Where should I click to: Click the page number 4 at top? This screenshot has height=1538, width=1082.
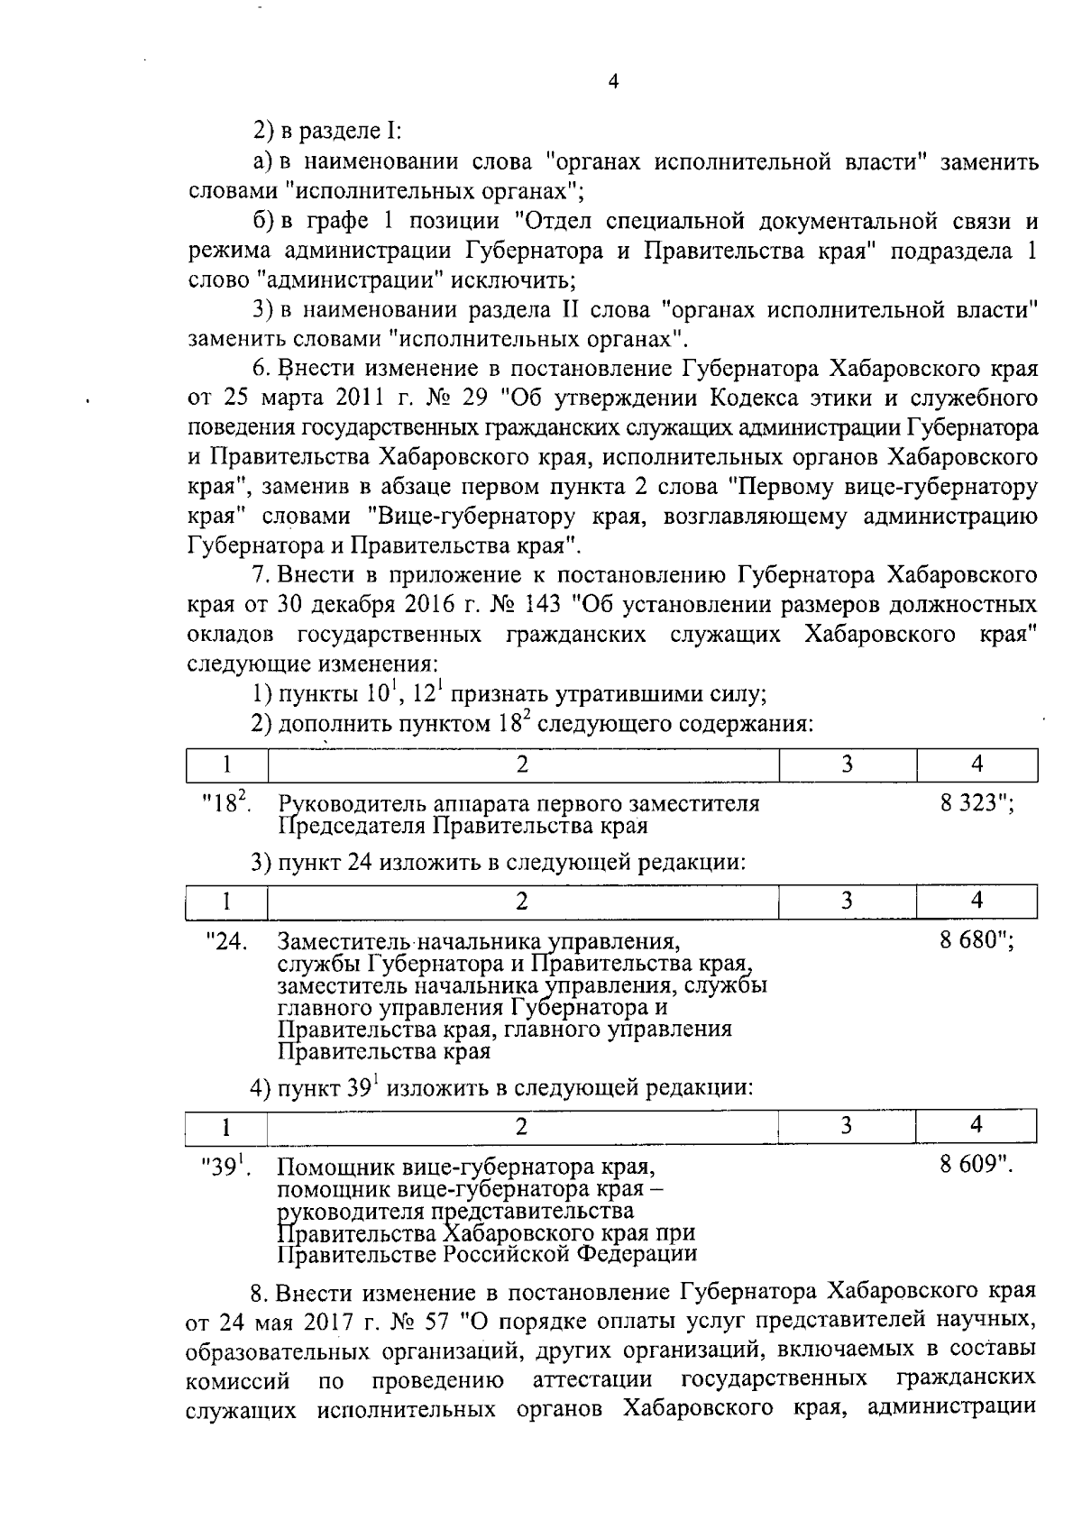tap(613, 82)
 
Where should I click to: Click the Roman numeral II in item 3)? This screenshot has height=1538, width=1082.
tap(575, 311)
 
